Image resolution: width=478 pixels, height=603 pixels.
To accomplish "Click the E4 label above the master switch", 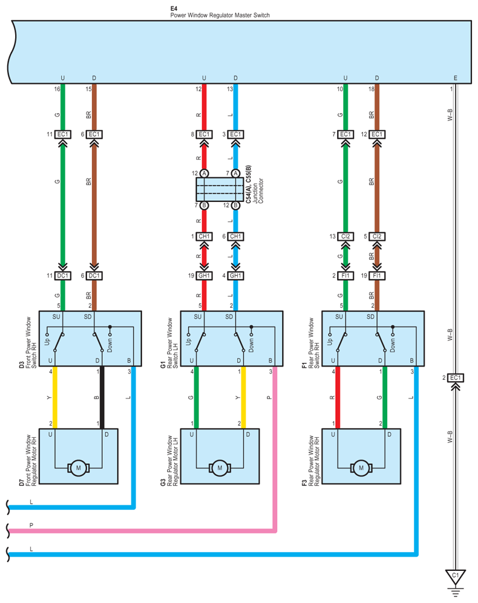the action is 174,8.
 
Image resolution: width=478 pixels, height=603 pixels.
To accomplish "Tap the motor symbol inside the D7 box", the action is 79,468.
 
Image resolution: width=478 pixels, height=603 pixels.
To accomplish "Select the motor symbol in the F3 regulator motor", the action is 361,468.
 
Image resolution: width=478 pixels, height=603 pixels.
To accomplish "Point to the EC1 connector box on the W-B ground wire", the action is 455,377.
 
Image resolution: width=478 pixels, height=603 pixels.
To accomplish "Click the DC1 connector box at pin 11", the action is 63,275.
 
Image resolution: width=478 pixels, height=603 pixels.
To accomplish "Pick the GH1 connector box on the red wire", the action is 204,275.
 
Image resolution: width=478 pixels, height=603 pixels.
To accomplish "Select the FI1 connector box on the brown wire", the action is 377,275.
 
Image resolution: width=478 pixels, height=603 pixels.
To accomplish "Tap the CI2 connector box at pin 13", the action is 345,236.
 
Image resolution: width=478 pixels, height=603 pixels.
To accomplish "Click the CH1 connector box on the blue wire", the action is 235,236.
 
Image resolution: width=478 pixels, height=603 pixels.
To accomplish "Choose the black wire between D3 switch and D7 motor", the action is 102,397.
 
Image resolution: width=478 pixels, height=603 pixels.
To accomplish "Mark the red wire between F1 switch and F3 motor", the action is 338,397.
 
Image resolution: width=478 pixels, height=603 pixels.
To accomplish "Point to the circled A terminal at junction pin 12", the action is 204,174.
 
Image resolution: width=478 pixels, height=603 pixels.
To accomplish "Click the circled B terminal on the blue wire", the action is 235,206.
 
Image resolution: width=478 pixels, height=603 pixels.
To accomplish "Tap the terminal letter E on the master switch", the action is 455,78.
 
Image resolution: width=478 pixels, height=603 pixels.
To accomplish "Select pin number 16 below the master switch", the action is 57,89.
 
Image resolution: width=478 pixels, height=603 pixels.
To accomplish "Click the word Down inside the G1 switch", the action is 251,345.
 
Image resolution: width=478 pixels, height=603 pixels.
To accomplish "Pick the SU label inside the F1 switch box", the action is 339,316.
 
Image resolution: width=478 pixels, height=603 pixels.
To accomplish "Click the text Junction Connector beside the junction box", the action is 258,191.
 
